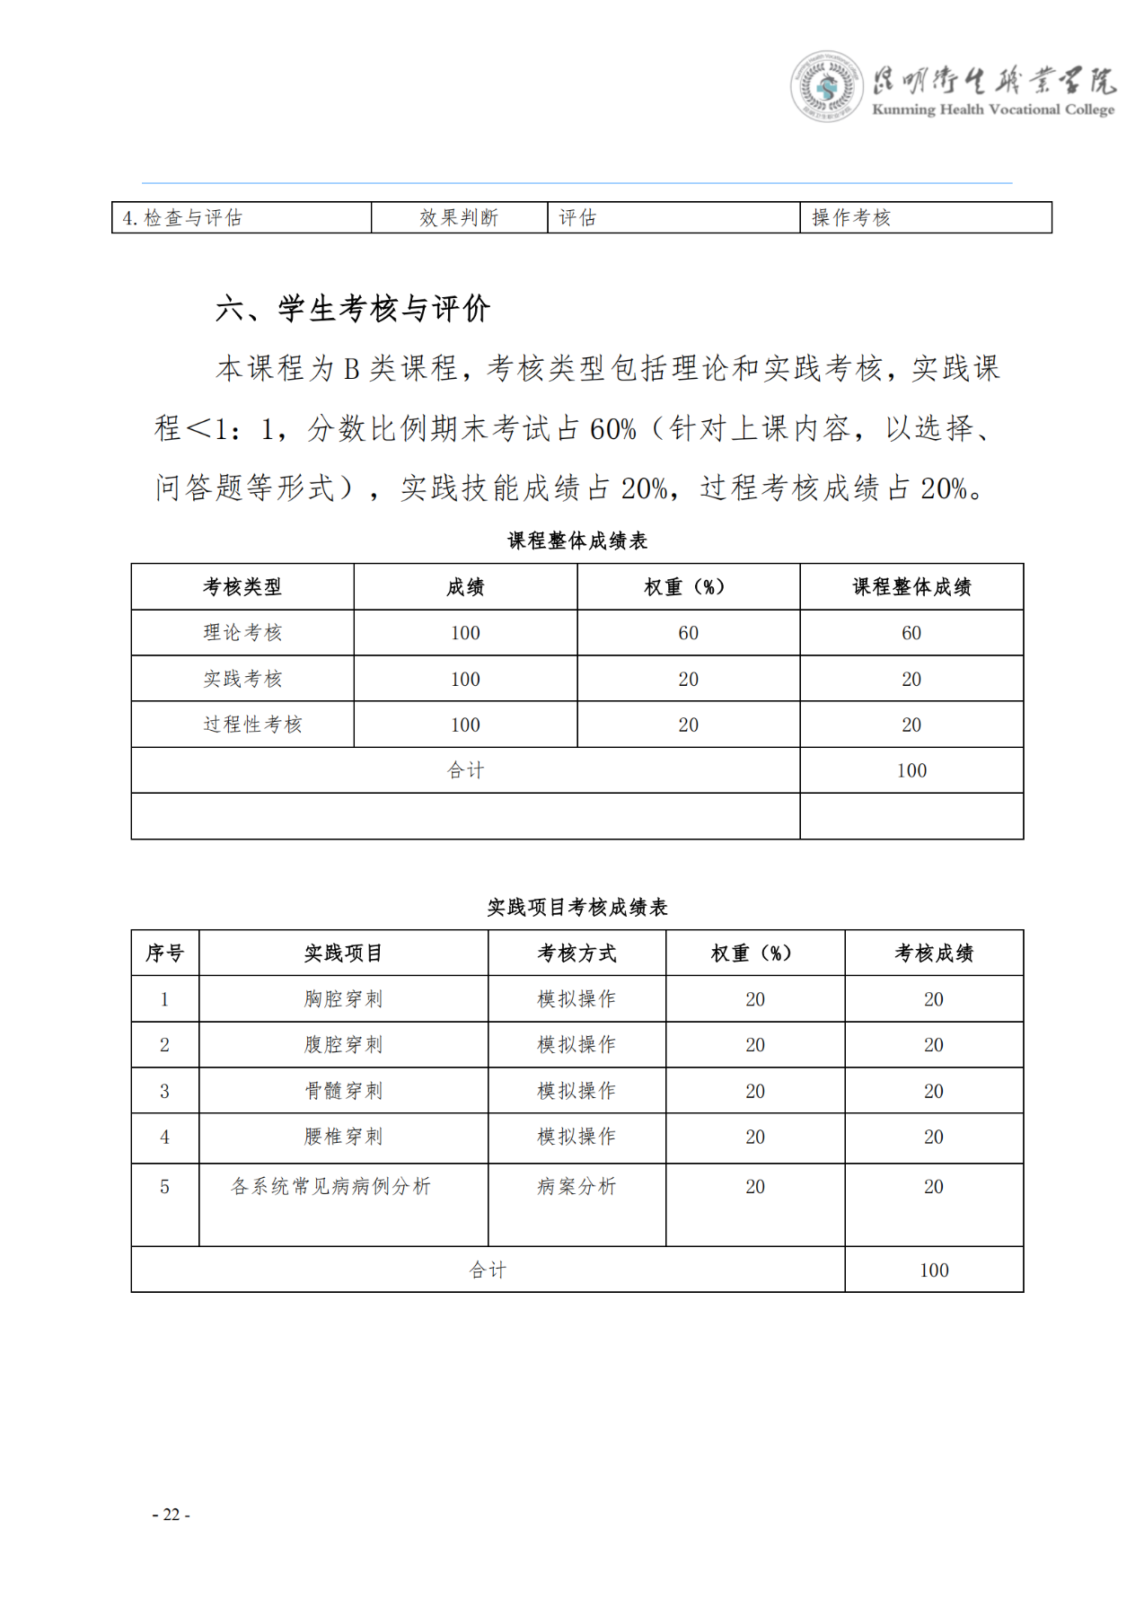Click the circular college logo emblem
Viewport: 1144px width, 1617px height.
click(826, 86)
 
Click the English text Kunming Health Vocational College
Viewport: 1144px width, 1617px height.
click(992, 110)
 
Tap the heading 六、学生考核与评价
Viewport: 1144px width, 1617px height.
click(353, 309)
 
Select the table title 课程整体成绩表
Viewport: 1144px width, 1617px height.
click(577, 540)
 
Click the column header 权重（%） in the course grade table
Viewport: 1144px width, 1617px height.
click(687, 587)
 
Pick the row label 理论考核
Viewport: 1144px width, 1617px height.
click(242, 633)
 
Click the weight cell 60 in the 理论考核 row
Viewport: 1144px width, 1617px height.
click(688, 633)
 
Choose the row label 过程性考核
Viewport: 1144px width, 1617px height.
click(252, 725)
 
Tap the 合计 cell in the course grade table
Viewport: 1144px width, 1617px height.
click(465, 770)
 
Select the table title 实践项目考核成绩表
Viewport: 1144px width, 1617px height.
click(577, 908)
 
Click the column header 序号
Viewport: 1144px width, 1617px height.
click(164, 954)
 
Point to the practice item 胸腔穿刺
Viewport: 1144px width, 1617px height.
click(343, 999)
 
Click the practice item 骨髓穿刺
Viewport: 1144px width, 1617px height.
click(343, 1091)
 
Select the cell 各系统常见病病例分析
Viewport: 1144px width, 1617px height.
click(330, 1187)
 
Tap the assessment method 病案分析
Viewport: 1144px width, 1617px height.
click(576, 1187)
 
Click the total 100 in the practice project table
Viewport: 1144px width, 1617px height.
click(934, 1270)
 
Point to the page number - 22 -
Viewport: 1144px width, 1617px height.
click(171, 1515)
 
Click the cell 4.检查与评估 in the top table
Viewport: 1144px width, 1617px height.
click(182, 218)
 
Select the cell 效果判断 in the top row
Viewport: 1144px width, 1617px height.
click(459, 218)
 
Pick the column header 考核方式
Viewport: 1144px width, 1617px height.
click(576, 954)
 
